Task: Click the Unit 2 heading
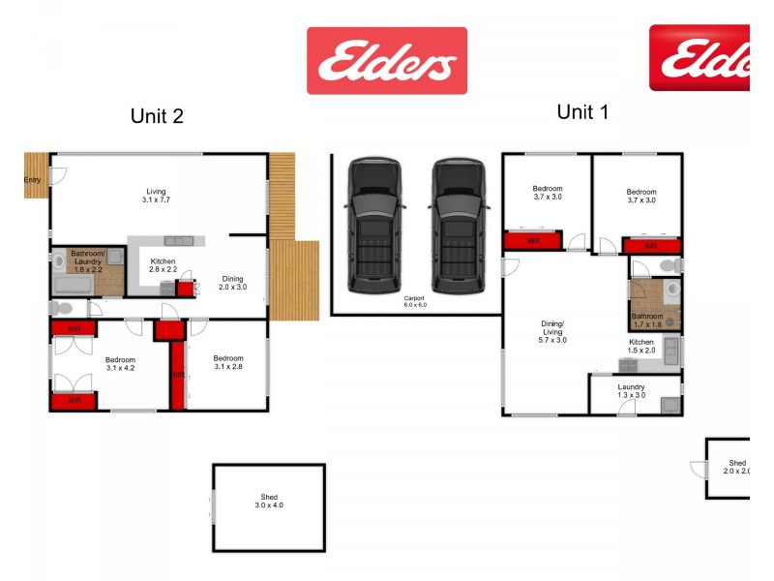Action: (157, 116)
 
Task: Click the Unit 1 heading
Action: (582, 112)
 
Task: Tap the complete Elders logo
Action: (387, 60)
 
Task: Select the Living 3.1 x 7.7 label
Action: (157, 196)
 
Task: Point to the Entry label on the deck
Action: (32, 179)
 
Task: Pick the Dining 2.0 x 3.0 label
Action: (232, 283)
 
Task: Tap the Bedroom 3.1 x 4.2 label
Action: (121, 364)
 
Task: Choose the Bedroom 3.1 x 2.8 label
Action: (228, 362)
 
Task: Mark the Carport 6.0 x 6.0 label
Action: (415, 301)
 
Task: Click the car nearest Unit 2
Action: (373, 226)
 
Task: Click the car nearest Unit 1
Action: (458, 226)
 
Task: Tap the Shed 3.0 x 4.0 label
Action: (269, 501)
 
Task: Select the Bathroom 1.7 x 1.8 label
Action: (647, 320)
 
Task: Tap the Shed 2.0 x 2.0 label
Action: (737, 468)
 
